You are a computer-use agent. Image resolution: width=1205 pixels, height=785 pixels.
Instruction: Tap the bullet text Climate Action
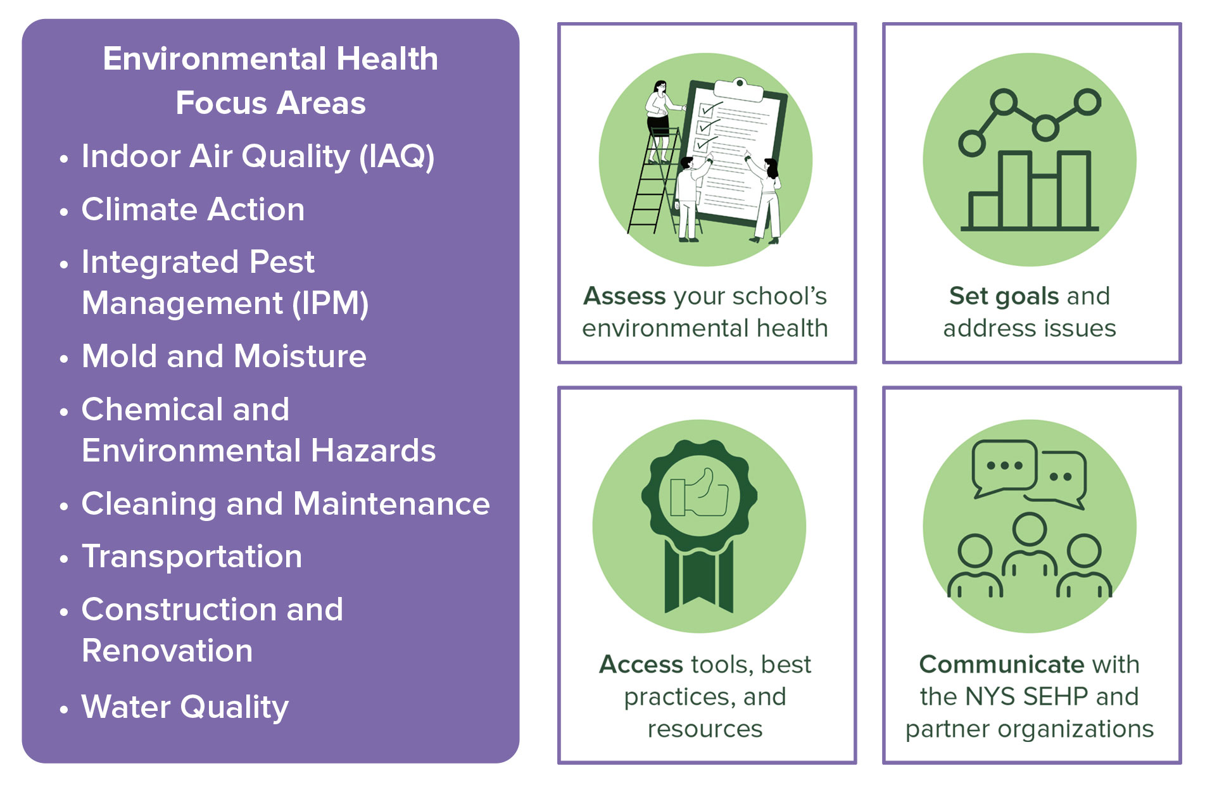192,210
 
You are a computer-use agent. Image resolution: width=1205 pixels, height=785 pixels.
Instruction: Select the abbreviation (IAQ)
396,156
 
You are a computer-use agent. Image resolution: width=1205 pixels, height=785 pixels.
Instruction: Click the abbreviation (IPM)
330,303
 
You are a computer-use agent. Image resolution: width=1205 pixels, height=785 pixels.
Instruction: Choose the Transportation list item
192,557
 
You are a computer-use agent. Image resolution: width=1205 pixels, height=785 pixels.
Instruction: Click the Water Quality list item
185,707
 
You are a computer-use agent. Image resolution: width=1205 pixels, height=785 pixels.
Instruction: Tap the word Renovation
167,651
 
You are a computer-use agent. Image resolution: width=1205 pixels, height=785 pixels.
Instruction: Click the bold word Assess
624,296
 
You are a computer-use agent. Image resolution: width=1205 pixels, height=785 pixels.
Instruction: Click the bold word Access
641,665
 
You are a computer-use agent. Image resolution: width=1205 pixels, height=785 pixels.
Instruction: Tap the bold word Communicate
1000,665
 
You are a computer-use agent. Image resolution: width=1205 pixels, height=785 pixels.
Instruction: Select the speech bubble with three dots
1004,467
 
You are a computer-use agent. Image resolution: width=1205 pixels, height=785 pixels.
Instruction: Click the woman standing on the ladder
659,120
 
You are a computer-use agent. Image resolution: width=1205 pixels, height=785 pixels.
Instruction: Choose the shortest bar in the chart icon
984,210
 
